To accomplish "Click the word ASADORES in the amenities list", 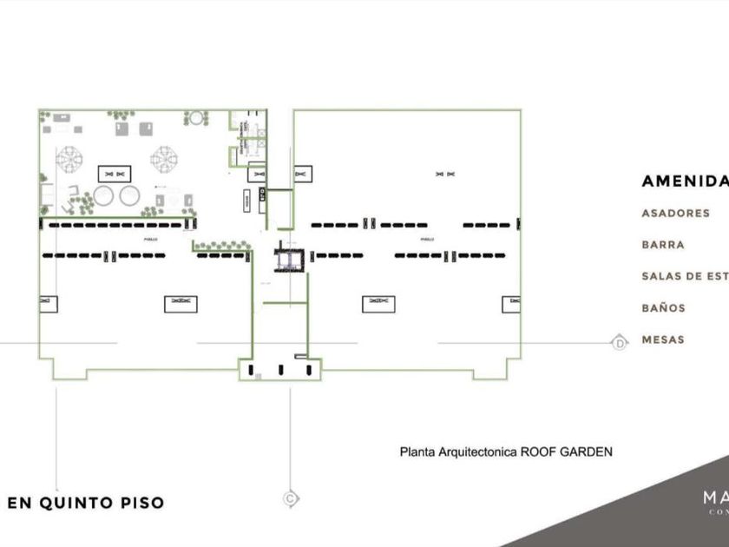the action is point(675,213).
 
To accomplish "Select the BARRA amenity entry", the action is point(663,245).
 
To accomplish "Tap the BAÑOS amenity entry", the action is point(664,308).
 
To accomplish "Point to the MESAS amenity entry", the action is point(663,339).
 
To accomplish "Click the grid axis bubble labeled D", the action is point(620,342).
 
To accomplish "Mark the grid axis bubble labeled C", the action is point(291,498).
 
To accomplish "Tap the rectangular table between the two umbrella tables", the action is point(114,171).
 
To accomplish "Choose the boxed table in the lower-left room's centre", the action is point(181,303).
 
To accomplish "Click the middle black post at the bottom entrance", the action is point(280,370).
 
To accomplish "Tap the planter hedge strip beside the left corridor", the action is point(222,247).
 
